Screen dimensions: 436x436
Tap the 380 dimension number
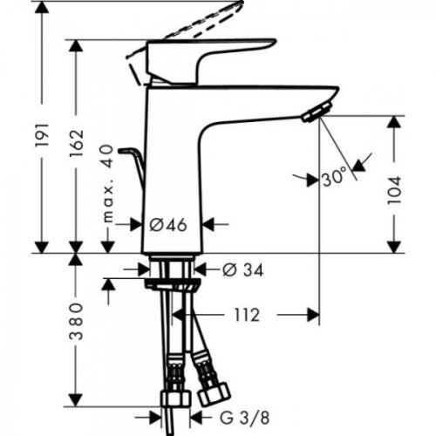coord(78,324)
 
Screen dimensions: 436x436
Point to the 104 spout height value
coord(396,186)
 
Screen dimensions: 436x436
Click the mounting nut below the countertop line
coord(173,285)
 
